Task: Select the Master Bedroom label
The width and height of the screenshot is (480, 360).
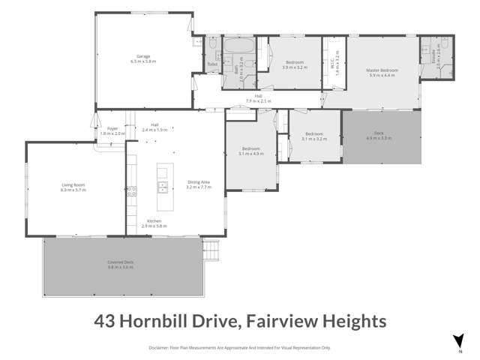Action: point(382,70)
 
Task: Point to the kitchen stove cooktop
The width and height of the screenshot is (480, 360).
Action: point(131,191)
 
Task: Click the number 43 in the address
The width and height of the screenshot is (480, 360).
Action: point(106,321)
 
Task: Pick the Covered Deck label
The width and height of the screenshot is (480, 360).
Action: point(120,262)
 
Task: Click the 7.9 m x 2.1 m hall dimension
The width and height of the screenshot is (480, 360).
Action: point(258,100)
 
